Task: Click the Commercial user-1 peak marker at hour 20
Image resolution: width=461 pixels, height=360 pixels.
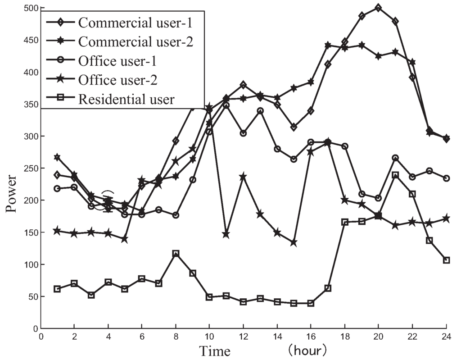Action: (378, 8)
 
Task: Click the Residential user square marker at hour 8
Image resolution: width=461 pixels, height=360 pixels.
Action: (176, 254)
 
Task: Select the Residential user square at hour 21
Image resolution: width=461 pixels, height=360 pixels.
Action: (396, 175)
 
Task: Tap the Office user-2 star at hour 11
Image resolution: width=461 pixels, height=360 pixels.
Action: (226, 234)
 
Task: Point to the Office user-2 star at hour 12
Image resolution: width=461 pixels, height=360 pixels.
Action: (243, 177)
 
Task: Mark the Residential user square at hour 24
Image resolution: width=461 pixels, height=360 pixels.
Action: (447, 260)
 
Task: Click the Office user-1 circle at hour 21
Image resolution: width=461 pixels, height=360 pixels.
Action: (396, 158)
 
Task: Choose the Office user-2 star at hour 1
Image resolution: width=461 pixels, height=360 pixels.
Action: (57, 231)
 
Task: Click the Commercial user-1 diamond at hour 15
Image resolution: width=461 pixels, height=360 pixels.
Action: (294, 128)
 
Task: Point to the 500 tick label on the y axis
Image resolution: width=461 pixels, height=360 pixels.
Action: (30, 8)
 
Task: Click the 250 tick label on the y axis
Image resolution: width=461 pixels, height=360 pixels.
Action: (30, 168)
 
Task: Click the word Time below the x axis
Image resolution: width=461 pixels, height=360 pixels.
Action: (215, 351)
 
